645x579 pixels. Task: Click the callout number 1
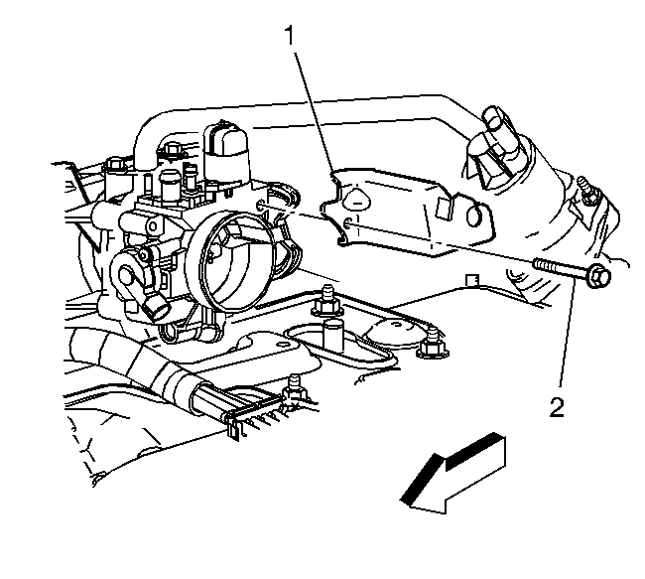coord(291,35)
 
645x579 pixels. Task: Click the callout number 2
coord(557,407)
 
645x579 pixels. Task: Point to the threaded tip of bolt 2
coord(537,263)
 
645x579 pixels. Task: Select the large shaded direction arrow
coord(452,474)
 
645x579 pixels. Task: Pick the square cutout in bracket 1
coord(445,208)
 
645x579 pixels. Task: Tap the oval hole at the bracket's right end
coord(474,215)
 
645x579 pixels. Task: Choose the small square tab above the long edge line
coord(472,280)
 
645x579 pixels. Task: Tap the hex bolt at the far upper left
coord(116,166)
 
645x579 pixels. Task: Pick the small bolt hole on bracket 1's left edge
coord(348,223)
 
